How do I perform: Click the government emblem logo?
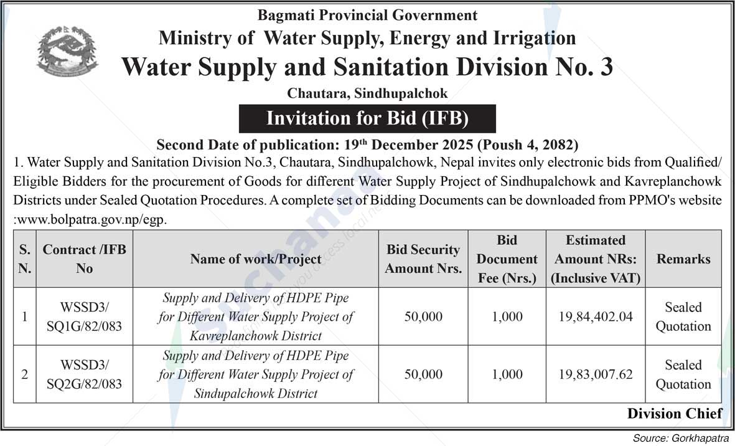(x=67, y=52)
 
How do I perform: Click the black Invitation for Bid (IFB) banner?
(x=367, y=118)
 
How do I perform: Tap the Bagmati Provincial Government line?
(x=367, y=15)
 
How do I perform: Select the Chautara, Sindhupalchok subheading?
(x=367, y=93)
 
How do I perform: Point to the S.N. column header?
(x=24, y=259)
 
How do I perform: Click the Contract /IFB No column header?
(x=85, y=259)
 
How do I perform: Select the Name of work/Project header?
(x=256, y=259)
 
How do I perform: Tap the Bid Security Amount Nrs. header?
(x=423, y=259)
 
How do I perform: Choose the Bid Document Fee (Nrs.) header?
(x=507, y=259)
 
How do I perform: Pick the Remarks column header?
(x=683, y=259)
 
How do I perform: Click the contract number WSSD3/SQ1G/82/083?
(x=85, y=316)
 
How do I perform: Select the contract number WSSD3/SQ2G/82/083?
(x=85, y=374)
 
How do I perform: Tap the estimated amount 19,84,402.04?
(x=596, y=316)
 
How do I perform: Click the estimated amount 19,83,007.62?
(x=596, y=374)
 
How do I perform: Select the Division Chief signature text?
(x=675, y=413)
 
